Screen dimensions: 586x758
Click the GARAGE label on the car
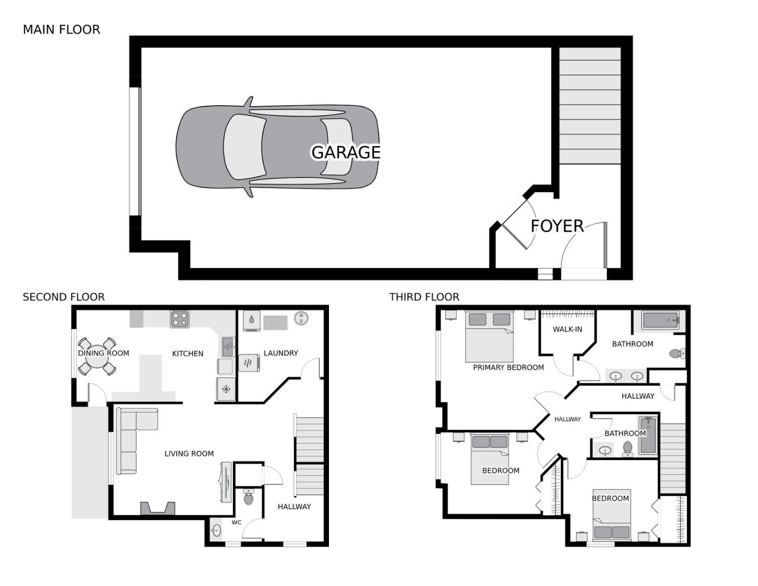coord(346,152)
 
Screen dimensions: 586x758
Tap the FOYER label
coord(557,226)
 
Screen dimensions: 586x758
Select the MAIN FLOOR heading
coord(62,30)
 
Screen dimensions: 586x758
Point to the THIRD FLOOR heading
coord(424,297)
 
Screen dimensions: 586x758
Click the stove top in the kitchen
coord(179,319)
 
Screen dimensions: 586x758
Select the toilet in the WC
coord(248,498)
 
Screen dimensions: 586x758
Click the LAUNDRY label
coord(281,353)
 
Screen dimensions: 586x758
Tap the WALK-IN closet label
coord(567,329)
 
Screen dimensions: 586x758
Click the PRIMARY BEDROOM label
coord(508,368)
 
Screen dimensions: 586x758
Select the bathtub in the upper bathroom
coord(660,321)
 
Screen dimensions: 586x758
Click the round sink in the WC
coord(217,530)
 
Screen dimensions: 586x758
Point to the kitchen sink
coord(228,346)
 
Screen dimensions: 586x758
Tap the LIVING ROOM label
coord(189,454)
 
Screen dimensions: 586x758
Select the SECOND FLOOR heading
coord(64,297)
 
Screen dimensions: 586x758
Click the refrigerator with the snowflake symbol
coord(226,389)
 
